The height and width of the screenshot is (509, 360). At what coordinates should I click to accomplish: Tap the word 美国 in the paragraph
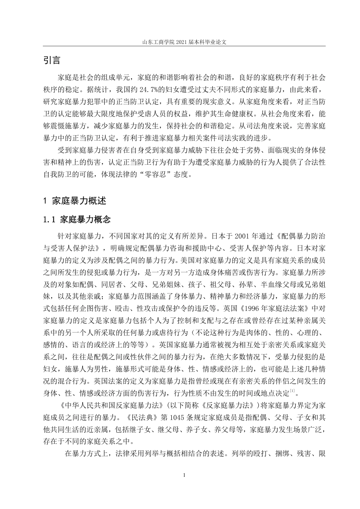[x=185, y=260]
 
